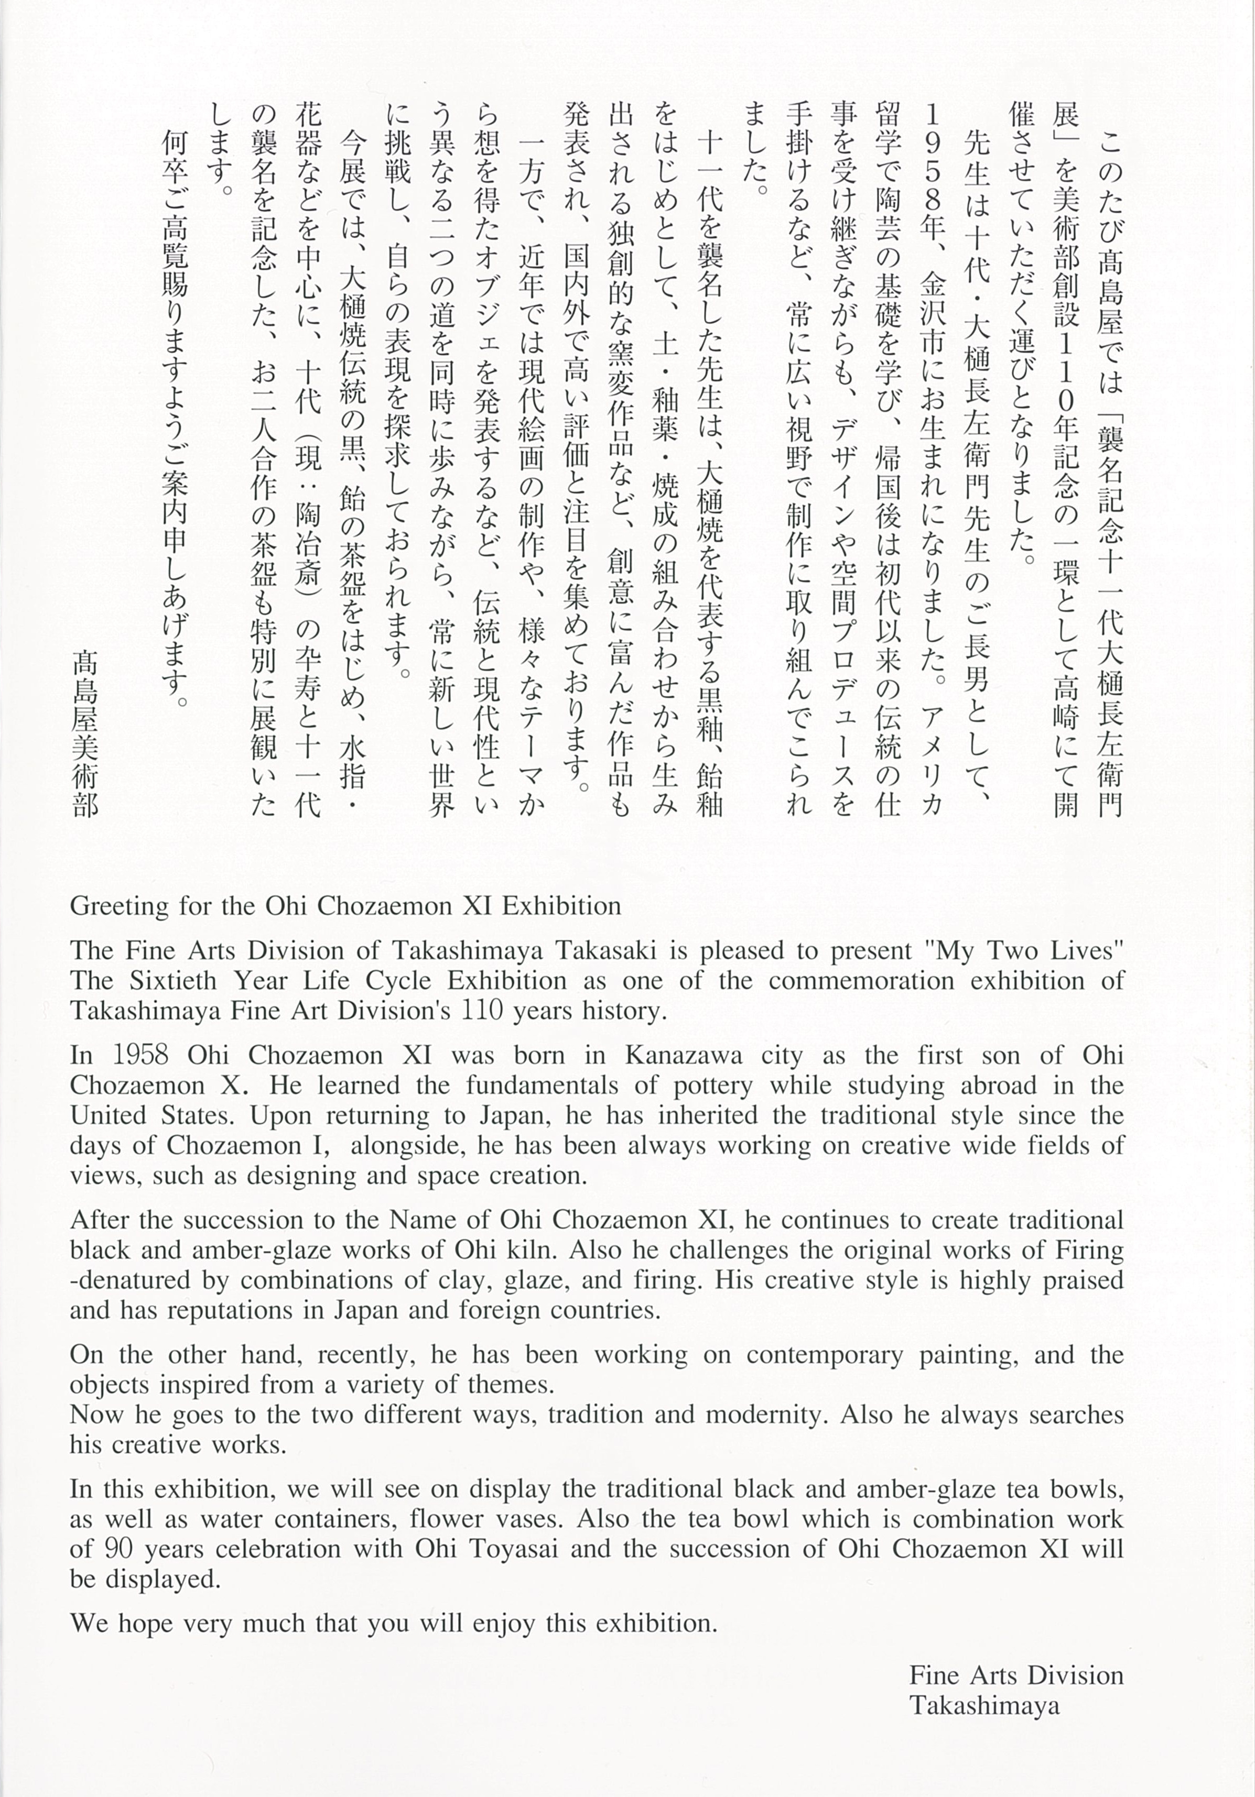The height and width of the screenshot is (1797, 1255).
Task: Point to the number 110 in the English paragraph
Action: point(481,1011)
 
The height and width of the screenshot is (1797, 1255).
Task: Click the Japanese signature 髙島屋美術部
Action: point(85,735)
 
